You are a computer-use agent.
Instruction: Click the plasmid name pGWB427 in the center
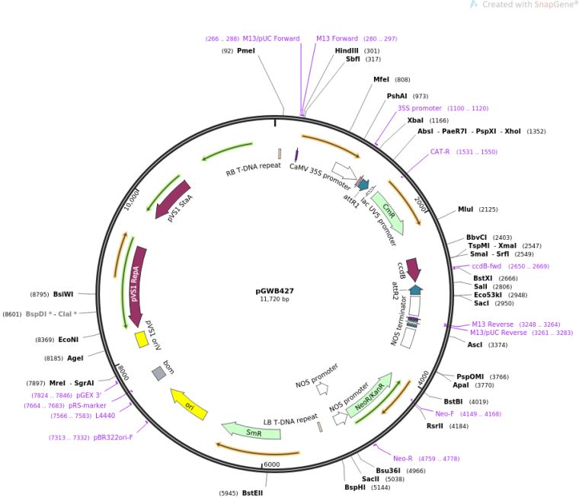click(274, 290)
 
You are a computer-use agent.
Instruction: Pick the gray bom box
click(158, 372)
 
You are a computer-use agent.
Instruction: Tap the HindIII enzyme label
click(347, 50)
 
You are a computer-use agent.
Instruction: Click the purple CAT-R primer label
click(440, 152)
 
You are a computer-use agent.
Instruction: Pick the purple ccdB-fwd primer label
click(488, 267)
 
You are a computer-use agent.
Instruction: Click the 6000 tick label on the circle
click(271, 464)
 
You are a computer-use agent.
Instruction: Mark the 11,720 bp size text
click(274, 299)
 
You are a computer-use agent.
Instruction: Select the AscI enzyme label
click(475, 345)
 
